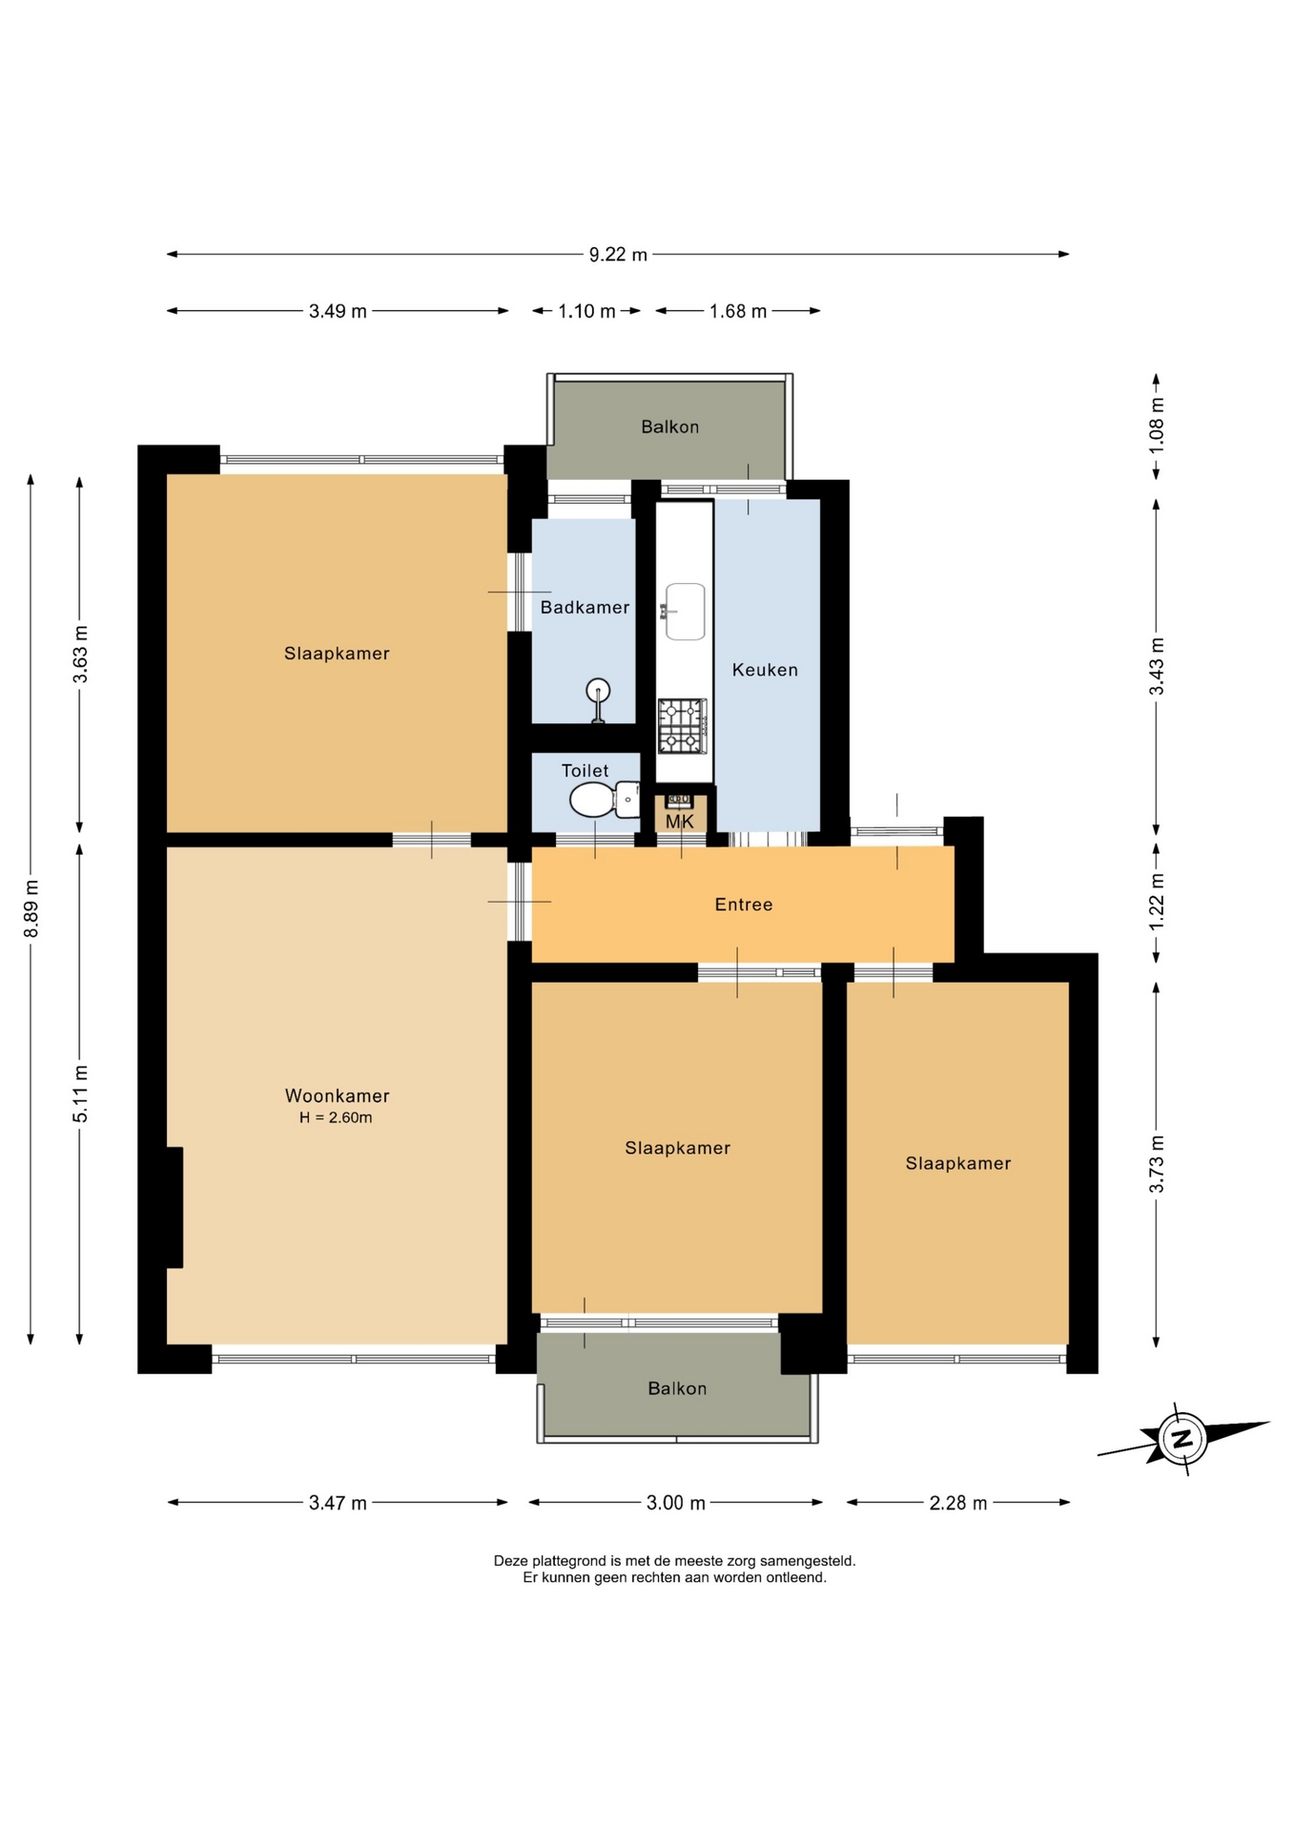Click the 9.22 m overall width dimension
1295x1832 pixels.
click(x=618, y=255)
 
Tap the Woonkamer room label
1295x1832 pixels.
click(x=338, y=1096)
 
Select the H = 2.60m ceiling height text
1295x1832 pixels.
click(x=336, y=1118)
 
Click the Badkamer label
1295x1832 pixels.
click(x=585, y=608)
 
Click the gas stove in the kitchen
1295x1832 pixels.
click(x=682, y=726)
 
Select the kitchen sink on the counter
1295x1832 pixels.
click(x=685, y=611)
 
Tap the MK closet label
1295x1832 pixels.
click(x=680, y=822)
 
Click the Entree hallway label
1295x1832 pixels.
click(x=744, y=905)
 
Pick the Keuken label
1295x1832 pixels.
click(x=765, y=670)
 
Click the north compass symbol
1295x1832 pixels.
click(x=1182, y=1439)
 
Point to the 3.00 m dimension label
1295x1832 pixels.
click(x=676, y=1503)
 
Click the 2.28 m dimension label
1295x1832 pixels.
click(x=958, y=1503)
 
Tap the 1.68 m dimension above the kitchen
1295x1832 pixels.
click(x=738, y=311)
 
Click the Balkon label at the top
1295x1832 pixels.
click(x=669, y=427)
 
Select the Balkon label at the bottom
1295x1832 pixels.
click(x=677, y=1388)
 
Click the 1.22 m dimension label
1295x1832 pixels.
click(x=1157, y=903)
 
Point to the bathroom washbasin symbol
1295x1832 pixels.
click(x=598, y=700)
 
